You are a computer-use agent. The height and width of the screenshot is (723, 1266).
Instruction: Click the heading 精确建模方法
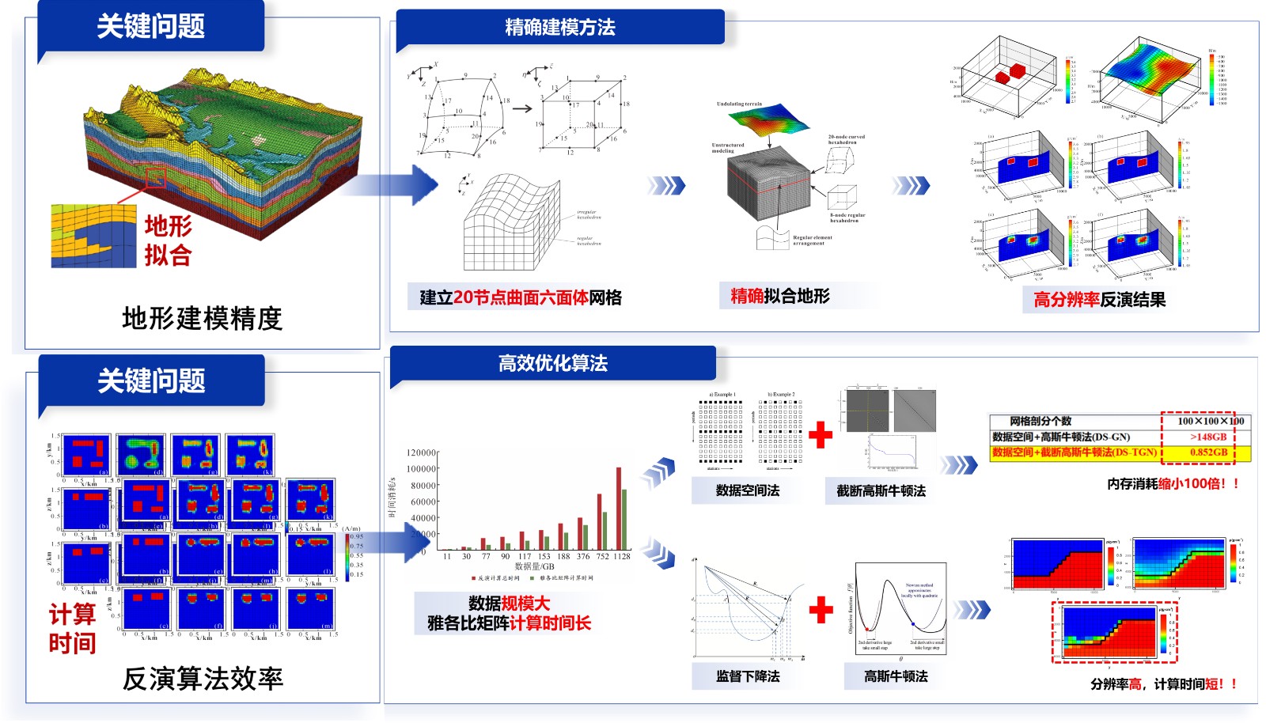[559, 28]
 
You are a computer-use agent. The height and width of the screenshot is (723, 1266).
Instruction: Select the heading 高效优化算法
[552, 364]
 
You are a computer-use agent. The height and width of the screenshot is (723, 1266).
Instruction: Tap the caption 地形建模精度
[202, 319]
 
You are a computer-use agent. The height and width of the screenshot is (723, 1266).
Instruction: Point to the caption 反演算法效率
[203, 679]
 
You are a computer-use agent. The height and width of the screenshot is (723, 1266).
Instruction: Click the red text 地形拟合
[168, 240]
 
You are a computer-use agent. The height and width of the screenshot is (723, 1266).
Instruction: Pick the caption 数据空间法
[747, 490]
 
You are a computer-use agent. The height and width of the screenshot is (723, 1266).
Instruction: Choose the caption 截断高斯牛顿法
[881, 490]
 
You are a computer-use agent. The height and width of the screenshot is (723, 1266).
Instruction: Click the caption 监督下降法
[747, 676]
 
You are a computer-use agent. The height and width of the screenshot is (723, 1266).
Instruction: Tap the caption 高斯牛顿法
[896, 676]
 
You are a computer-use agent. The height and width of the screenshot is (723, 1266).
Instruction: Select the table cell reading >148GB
[1208, 437]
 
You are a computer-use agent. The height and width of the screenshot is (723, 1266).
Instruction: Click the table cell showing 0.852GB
[1208, 452]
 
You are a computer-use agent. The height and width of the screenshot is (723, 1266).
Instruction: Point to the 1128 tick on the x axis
[622, 556]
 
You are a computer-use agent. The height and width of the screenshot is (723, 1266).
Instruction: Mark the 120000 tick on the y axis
[421, 452]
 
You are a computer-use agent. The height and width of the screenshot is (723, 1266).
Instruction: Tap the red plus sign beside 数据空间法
[821, 434]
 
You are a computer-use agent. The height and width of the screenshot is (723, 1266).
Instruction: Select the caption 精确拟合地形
[779, 297]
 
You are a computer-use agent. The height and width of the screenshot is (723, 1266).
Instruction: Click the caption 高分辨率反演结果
[1099, 300]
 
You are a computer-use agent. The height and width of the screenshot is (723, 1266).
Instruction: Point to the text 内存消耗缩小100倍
[1172, 483]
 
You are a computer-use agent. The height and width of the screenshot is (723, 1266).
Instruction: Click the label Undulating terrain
[739, 104]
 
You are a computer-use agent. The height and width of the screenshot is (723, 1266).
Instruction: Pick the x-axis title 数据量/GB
[535, 566]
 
